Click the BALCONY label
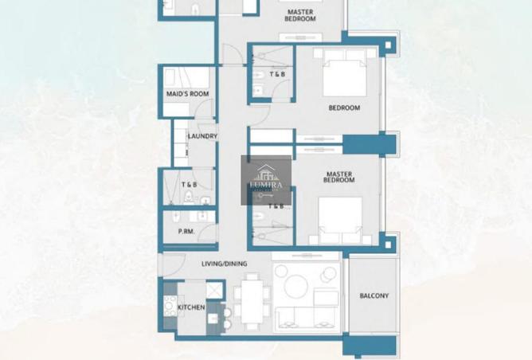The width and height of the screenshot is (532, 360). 374,296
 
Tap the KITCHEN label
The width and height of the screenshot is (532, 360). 191,307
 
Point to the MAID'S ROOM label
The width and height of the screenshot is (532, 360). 187,94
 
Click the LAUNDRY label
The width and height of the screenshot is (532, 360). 202,136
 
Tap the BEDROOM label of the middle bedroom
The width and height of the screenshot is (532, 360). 344,108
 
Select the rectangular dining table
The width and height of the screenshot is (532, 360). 252,300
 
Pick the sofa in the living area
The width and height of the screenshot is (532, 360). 307,318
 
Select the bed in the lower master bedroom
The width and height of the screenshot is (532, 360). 341,220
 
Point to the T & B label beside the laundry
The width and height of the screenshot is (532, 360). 189,185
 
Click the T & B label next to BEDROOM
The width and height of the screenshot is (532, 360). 278,75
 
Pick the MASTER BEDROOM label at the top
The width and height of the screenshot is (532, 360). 300,14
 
